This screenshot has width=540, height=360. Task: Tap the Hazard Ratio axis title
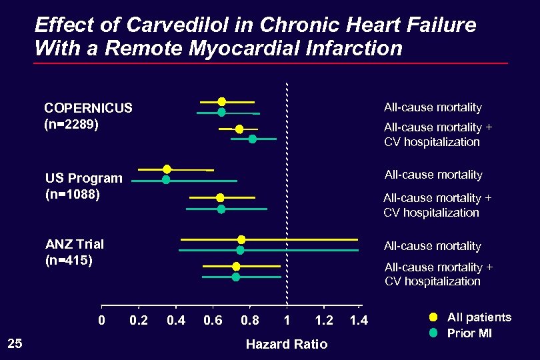click(287, 344)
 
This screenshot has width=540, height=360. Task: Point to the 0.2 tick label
click(139, 321)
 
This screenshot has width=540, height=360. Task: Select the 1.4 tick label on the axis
click(359, 321)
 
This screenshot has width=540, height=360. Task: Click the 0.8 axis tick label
click(250, 321)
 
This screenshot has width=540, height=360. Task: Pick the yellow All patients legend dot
click(433, 317)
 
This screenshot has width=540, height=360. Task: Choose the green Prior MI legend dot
click(433, 333)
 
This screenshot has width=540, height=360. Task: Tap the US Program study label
click(84, 178)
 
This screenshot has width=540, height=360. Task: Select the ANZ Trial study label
click(75, 244)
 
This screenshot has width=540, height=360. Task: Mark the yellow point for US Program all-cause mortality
click(167, 169)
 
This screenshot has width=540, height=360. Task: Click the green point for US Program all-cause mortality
click(166, 179)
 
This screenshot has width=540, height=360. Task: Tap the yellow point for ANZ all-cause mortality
click(241, 239)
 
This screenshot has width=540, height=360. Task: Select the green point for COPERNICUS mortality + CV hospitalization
click(252, 139)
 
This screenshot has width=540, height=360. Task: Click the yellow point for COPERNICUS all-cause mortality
click(221, 101)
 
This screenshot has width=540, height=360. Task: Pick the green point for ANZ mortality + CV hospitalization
click(235, 277)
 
